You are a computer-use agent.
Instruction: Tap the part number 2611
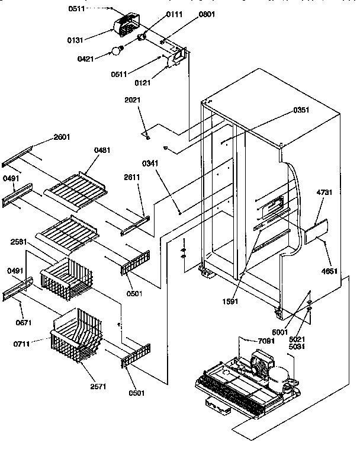(x=132, y=177)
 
